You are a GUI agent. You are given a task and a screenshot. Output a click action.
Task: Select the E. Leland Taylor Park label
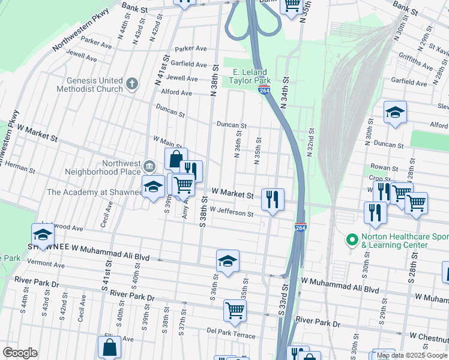point(252,76)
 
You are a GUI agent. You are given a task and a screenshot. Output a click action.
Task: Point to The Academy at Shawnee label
point(94,192)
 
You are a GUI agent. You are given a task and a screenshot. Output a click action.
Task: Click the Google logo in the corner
point(20,353)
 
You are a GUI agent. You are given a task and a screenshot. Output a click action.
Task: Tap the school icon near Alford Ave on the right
point(395,112)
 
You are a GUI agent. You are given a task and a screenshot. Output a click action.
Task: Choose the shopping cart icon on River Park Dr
point(235,310)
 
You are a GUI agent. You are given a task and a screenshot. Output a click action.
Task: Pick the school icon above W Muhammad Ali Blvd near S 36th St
point(228,261)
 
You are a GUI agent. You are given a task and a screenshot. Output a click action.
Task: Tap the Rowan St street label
point(385,169)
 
